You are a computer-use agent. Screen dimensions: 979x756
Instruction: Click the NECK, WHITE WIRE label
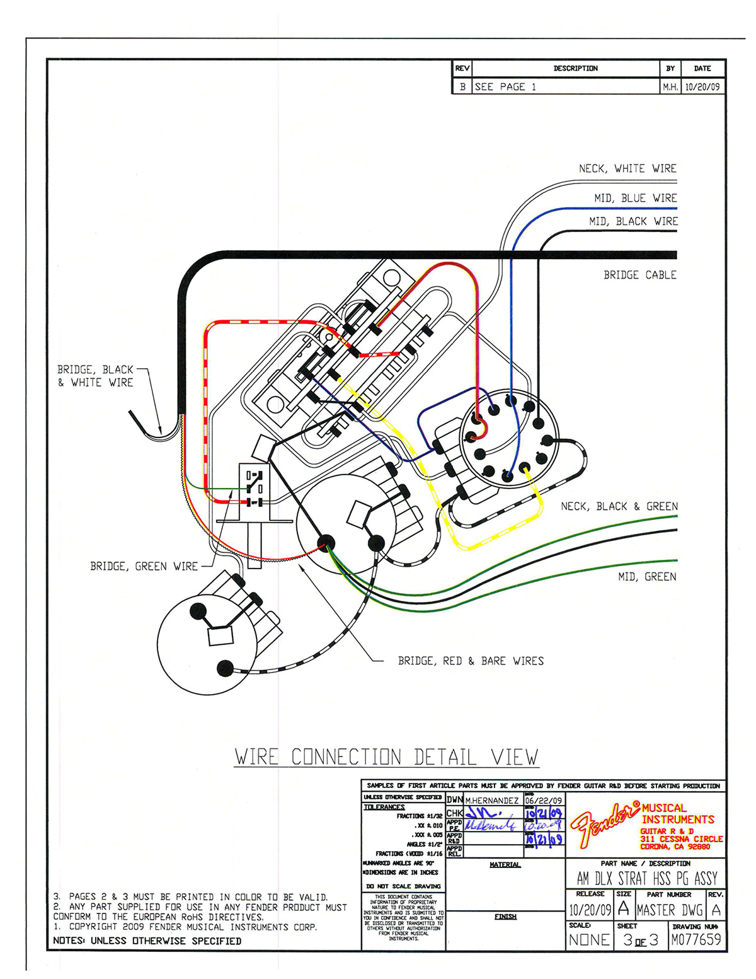pos(627,168)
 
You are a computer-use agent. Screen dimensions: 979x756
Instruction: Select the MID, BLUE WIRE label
pos(635,198)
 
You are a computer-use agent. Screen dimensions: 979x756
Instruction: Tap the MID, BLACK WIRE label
pos(633,221)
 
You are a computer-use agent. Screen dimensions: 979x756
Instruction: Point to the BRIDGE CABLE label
pos(639,275)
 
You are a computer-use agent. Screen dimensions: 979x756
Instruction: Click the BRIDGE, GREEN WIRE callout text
pos(144,566)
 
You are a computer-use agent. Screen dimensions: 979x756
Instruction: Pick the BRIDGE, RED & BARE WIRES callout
pos(470,661)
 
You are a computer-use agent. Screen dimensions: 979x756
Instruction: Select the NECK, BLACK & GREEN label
pos(619,506)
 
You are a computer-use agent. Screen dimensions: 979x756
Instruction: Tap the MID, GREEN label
pos(646,576)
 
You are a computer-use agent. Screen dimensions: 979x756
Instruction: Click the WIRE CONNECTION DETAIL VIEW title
pos(386,756)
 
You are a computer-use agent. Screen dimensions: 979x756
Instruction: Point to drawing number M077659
pos(696,940)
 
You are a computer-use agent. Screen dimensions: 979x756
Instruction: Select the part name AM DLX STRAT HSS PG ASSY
pos(646,878)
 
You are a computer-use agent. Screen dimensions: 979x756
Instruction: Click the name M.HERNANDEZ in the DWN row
pos(491,800)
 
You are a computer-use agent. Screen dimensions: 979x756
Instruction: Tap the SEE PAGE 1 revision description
pos(505,87)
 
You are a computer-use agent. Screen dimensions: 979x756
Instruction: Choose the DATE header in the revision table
pos(702,68)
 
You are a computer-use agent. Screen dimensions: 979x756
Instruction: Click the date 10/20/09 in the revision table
pos(702,87)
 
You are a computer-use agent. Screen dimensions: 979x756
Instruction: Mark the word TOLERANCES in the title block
pos(384,807)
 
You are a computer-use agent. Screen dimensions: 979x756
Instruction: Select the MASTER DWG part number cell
pos(669,910)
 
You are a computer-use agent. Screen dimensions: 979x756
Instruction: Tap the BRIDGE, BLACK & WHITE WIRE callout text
pos(96,376)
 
